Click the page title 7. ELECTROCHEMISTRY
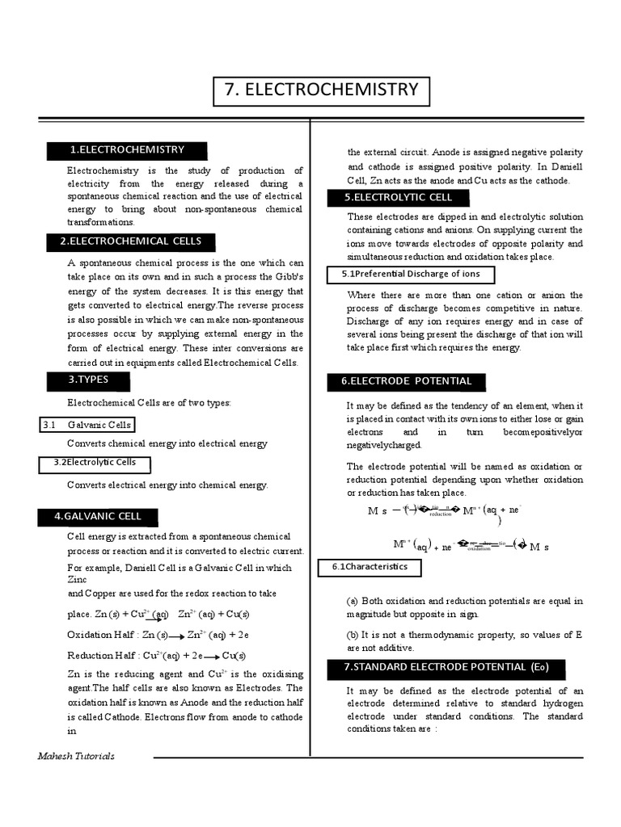coord(322,90)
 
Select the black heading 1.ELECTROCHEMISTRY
coord(127,150)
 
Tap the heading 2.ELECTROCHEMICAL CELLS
coord(130,241)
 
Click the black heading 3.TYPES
coord(89,380)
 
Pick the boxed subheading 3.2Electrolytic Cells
coord(95,464)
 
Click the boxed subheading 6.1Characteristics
coord(370,568)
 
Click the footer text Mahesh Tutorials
coord(76,757)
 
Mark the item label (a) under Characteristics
coord(353,602)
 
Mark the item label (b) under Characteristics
coord(353,635)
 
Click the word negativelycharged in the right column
coord(385,445)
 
